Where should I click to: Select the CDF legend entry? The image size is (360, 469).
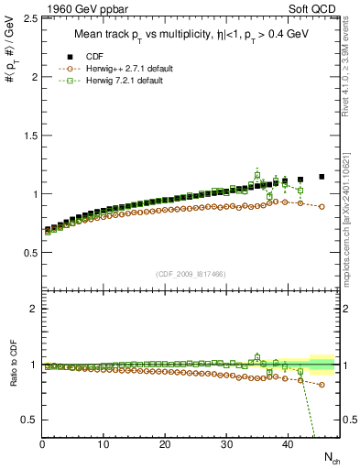pos(101,57)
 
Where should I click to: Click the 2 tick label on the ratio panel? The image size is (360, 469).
pos(35,309)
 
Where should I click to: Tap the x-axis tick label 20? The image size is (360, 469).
pos(165,444)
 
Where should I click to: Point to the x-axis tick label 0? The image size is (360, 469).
pos(42,444)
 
